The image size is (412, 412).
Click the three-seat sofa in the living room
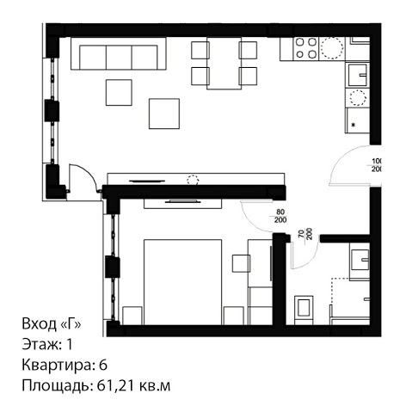pos(119,53)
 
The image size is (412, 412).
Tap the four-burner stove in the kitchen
pos(305,48)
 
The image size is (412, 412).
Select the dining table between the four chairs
pos(224,64)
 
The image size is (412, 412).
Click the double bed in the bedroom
pos(182,282)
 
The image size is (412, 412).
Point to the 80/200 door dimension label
pos(280,216)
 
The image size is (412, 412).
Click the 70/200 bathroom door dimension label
pos(304,234)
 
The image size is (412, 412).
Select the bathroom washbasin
pos(360,260)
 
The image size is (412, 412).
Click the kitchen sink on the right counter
pos(358,75)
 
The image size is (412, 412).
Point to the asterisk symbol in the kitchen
pos(354,125)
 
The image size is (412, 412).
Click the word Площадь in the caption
pos(55,386)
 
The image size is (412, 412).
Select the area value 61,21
pos(115,386)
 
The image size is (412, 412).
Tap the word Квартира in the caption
pos(58,366)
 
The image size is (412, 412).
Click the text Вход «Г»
pos(52,324)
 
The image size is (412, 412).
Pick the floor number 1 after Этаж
pos(70,344)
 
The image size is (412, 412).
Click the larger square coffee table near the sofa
pos(164,114)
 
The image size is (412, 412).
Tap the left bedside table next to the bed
pos(132,316)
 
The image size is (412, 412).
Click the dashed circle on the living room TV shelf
pos(193,180)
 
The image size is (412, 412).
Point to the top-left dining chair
pos(200,50)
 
